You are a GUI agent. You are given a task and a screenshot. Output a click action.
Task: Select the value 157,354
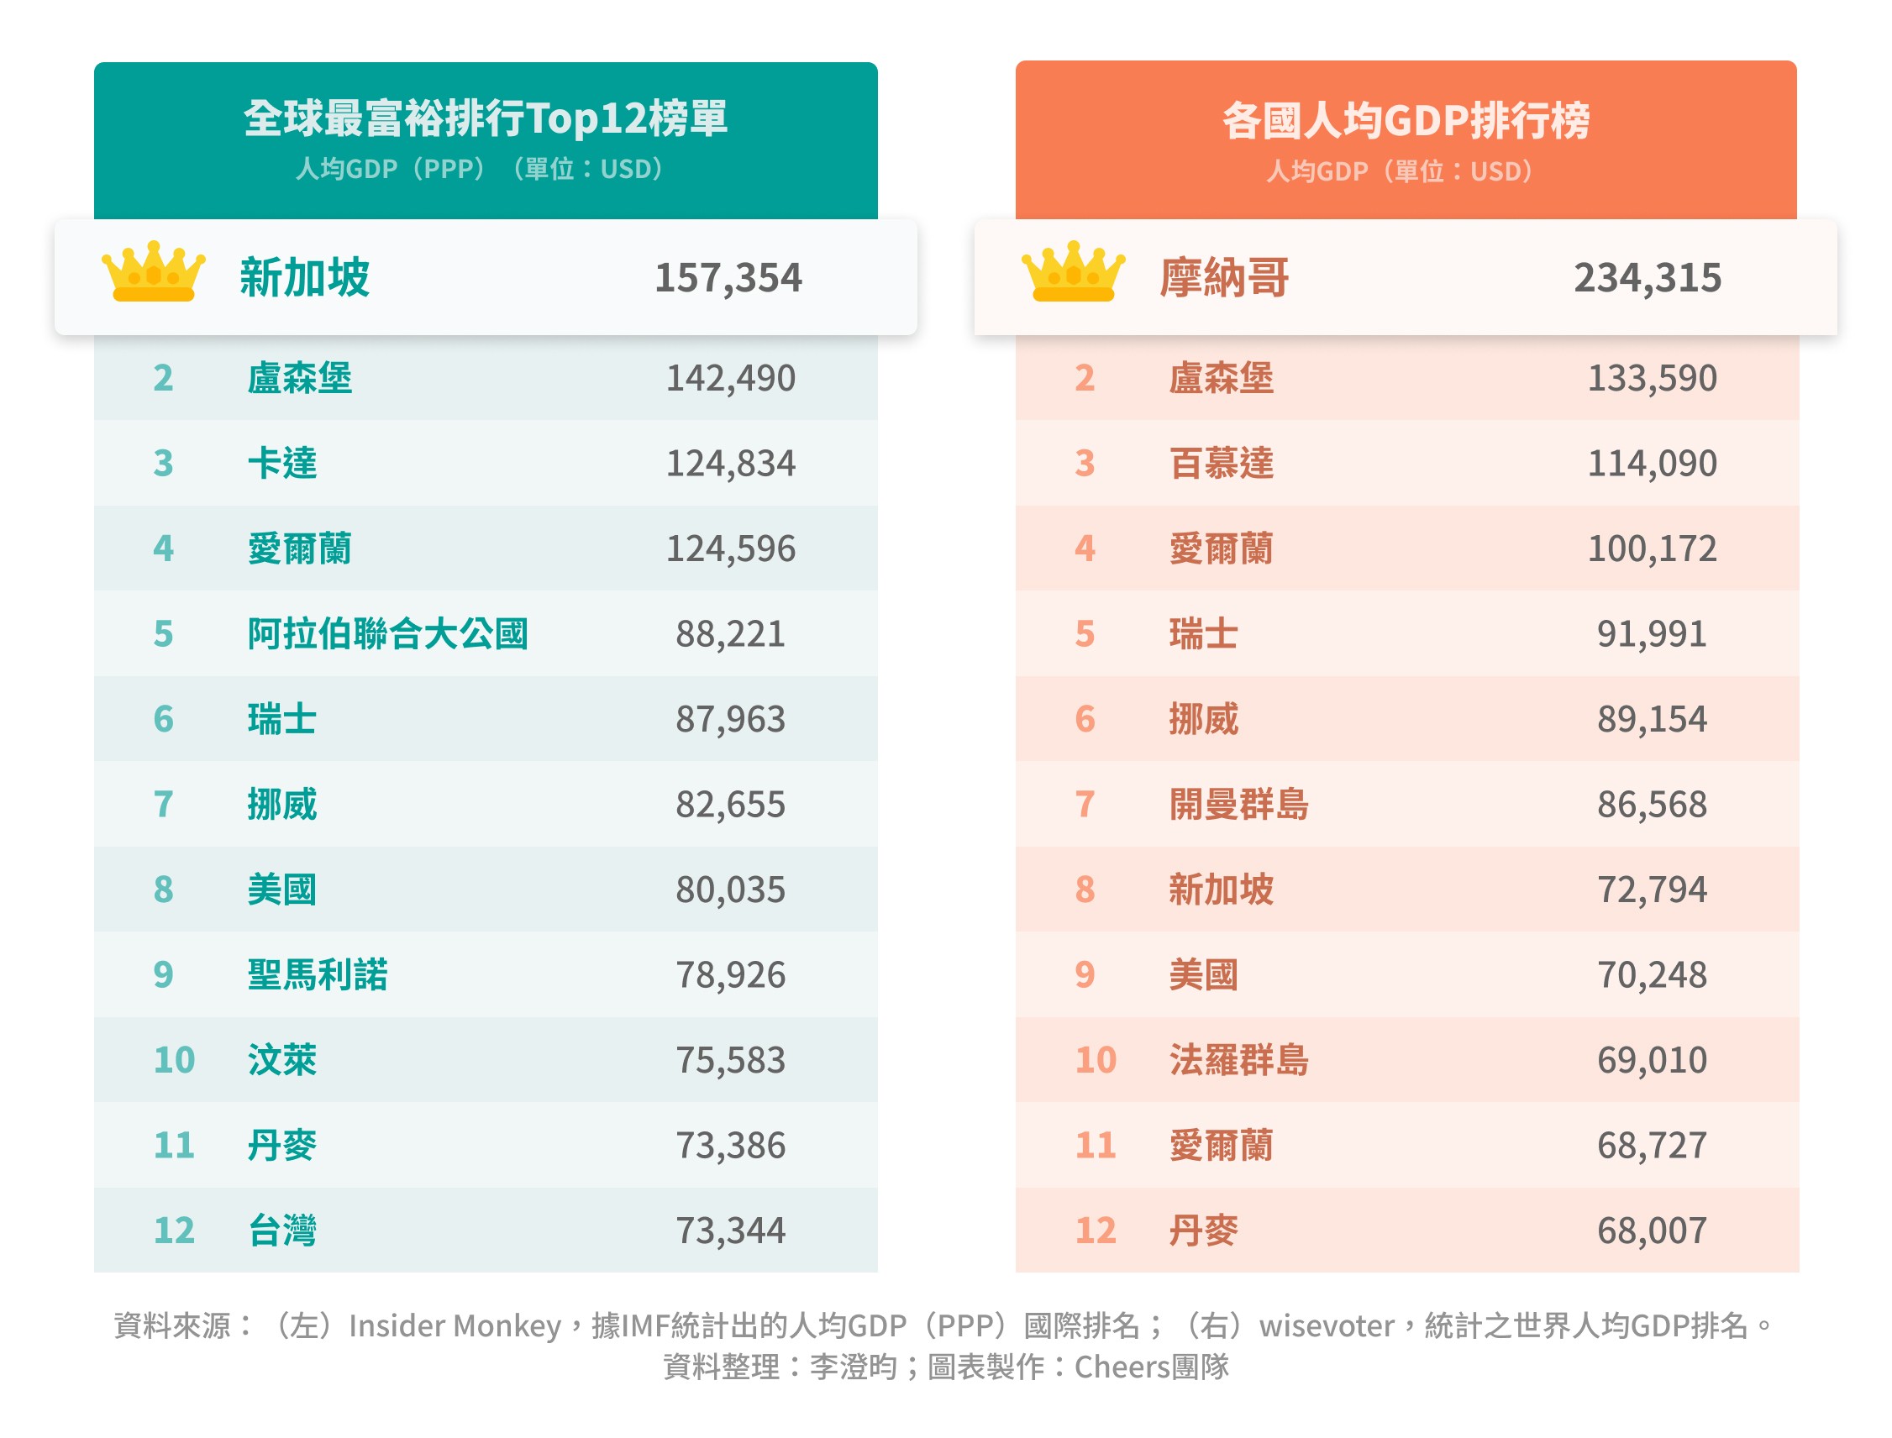(x=728, y=278)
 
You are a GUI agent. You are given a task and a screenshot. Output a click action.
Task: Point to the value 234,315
(x=1647, y=278)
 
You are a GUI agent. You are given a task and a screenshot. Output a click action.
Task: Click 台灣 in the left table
(x=281, y=1230)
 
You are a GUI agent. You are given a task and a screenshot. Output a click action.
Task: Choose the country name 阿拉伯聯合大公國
(x=387, y=634)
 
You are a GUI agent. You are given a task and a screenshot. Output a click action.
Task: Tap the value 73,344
(x=729, y=1231)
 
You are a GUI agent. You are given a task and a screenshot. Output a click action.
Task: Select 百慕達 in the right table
(x=1221, y=463)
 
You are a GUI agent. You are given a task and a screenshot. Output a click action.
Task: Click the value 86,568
(x=1652, y=805)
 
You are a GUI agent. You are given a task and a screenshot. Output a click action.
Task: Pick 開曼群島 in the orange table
(x=1238, y=805)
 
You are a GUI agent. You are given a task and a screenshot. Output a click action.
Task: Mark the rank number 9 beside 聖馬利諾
(x=164, y=975)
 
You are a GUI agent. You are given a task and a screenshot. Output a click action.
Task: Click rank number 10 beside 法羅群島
(x=1095, y=1061)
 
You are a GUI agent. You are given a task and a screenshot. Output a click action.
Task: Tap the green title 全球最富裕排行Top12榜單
(x=486, y=118)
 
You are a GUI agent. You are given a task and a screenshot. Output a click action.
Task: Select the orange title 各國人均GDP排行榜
(x=1405, y=120)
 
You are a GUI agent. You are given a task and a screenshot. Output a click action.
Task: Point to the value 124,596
(x=729, y=548)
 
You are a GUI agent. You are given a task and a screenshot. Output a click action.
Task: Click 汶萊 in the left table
(x=281, y=1061)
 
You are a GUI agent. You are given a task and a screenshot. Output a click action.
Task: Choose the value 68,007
(x=1652, y=1231)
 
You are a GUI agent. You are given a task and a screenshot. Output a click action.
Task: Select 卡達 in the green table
(x=281, y=463)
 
